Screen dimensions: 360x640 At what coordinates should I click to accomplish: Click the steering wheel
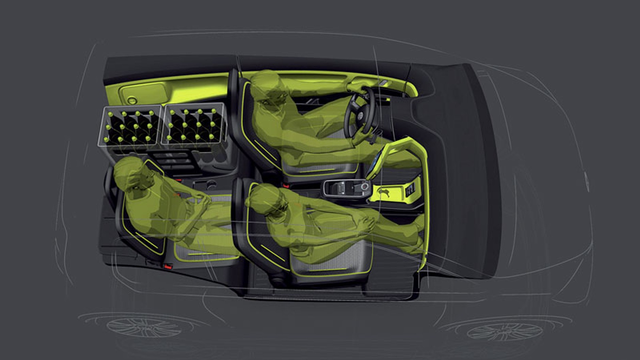tap(359, 114)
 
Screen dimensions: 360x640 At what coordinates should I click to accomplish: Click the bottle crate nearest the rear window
tap(129, 126)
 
